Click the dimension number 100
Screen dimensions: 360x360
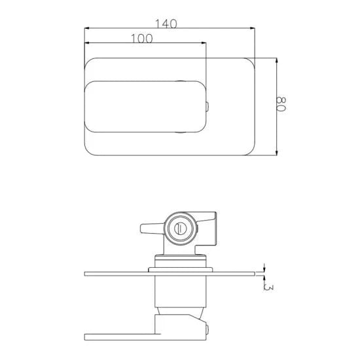tap(141, 39)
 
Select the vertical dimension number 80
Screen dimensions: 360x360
tap(283, 105)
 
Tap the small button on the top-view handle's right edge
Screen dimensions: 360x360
tap(207, 107)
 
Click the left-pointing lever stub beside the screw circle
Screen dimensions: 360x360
tap(151, 228)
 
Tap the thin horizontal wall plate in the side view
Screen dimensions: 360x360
tap(170, 274)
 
